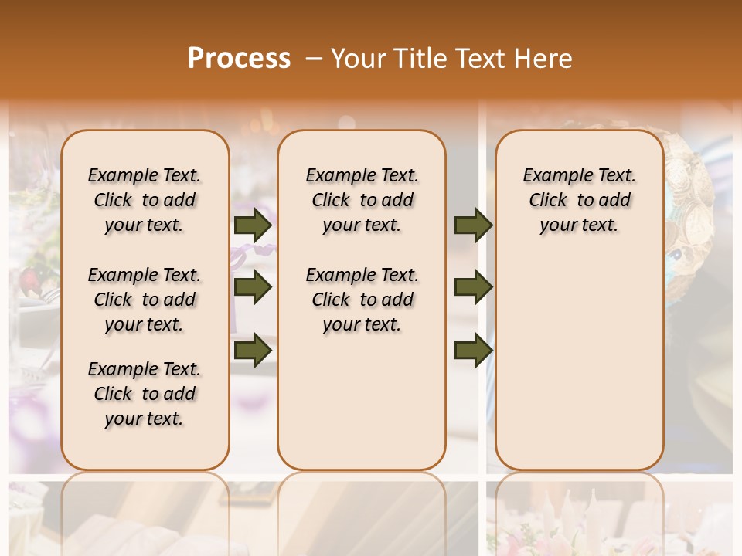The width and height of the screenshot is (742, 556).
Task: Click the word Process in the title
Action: (x=239, y=58)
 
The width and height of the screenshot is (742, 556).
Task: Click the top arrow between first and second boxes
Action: (x=253, y=225)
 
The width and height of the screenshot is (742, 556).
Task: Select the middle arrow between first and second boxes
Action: (x=253, y=287)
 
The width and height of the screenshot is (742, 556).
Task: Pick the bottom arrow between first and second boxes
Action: (x=253, y=349)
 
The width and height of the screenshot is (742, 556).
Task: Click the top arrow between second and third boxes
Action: (x=473, y=225)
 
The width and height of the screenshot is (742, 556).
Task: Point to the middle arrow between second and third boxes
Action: (x=473, y=287)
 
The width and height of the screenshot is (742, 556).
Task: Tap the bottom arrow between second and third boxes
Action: (x=473, y=349)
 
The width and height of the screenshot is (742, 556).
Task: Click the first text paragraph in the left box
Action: (x=145, y=200)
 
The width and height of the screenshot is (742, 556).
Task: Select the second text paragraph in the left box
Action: (x=145, y=300)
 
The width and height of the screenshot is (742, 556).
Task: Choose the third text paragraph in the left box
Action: (x=145, y=394)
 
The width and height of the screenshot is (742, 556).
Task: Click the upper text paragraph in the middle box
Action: (x=362, y=200)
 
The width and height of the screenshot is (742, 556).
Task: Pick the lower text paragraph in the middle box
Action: (x=362, y=300)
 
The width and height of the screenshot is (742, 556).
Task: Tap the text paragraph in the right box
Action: (x=580, y=200)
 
